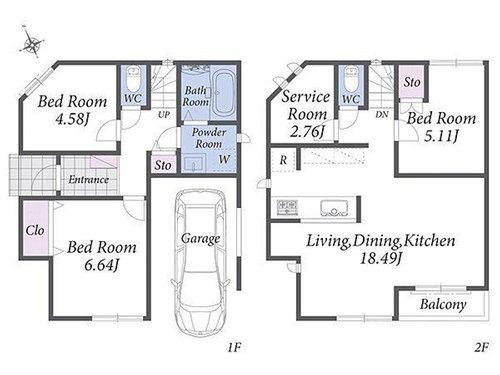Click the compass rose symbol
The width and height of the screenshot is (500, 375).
(32, 43)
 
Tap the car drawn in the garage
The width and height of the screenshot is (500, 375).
(200, 262)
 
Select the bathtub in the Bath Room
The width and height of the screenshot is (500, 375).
(223, 93)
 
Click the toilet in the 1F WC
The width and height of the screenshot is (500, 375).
(134, 79)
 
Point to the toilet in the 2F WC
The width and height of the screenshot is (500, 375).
(351, 79)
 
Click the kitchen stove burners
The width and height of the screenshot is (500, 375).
(287, 206)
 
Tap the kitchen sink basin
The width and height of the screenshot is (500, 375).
(334, 208)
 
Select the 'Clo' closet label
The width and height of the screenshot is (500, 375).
(35, 230)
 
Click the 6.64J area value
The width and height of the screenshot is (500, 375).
(102, 266)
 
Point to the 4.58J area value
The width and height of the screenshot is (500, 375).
(73, 119)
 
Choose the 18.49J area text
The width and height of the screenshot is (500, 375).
(380, 258)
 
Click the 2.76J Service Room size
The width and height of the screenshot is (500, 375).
(306, 131)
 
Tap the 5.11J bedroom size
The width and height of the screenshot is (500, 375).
(441, 136)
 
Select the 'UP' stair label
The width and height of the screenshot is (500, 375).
(164, 115)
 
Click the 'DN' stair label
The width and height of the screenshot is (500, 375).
(382, 114)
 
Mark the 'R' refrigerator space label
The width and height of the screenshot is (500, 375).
(283, 160)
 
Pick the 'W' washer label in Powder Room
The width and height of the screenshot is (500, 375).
(224, 159)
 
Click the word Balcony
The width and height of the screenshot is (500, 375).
(443, 304)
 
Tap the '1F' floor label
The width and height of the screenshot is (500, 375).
(234, 348)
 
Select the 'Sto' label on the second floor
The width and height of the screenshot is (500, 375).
(412, 82)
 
